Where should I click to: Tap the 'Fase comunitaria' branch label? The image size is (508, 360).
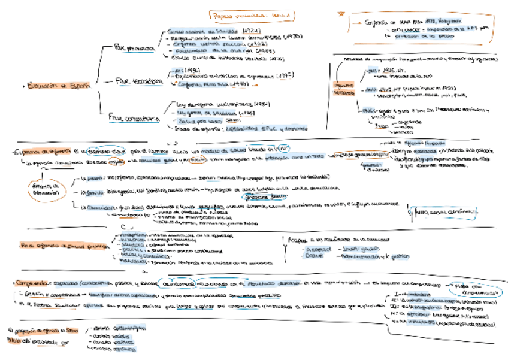click(x=134, y=119)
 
